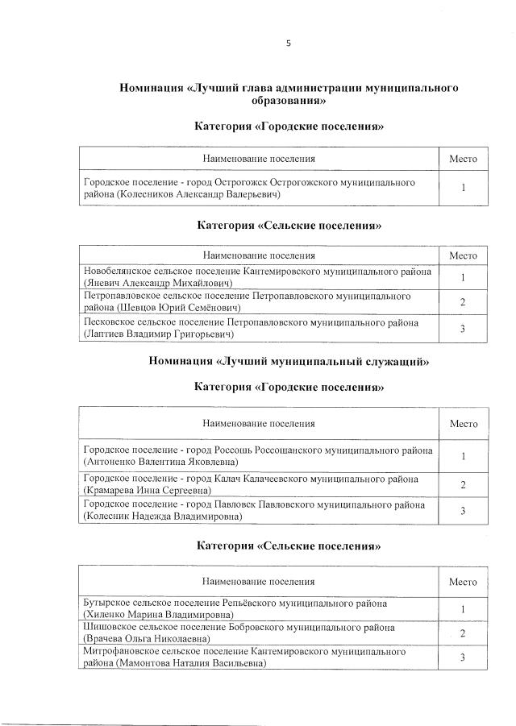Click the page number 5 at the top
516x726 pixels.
(x=288, y=44)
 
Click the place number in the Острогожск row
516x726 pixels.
(x=463, y=189)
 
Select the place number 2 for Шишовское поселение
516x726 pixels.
(x=463, y=633)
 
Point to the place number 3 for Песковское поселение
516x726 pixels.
(x=463, y=328)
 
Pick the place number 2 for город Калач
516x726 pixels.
(x=463, y=483)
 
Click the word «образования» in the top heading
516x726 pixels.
(x=289, y=102)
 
